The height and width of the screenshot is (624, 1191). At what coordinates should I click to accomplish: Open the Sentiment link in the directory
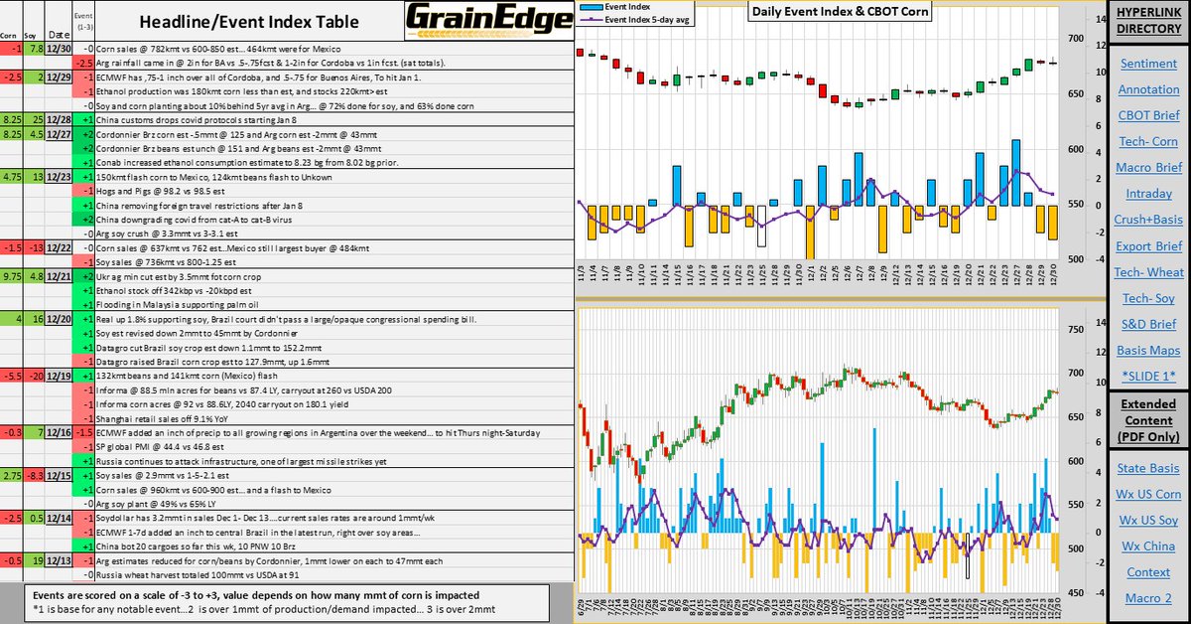pos(1148,64)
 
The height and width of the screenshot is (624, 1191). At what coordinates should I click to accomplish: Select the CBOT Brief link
pos(1148,115)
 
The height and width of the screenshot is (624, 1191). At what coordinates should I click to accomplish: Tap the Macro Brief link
pos(1148,167)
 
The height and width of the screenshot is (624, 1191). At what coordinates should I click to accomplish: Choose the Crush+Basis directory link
pos(1148,219)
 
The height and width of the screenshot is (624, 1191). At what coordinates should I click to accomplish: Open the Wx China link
pos(1148,546)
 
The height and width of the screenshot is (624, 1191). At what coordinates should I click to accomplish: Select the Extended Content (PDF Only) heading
pos(1148,420)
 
